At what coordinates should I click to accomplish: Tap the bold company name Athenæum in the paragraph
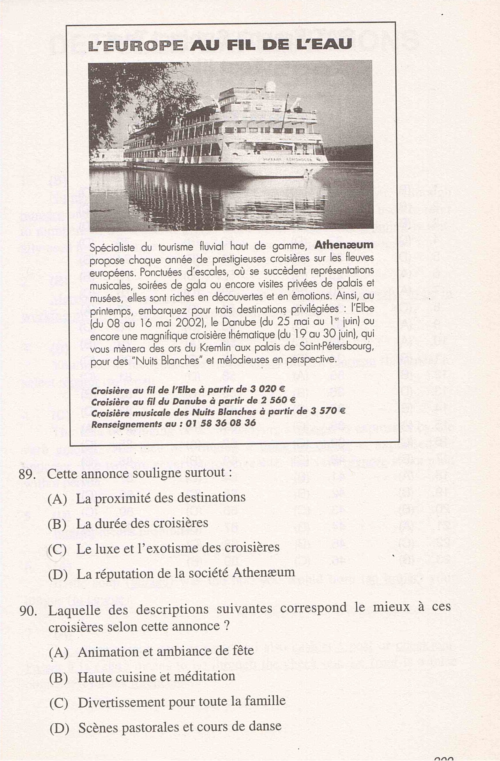pos(344,245)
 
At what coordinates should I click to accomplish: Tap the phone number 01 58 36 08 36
pos(220,423)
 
